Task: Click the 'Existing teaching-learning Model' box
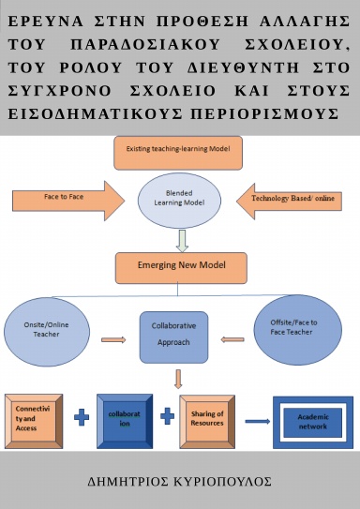pos(178,149)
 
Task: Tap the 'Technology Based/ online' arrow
pos(291,199)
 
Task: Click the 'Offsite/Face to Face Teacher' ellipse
pos(299,329)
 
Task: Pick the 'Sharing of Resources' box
pos(207,421)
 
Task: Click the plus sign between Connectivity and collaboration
pos(82,417)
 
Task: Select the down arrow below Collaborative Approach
pos(178,379)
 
